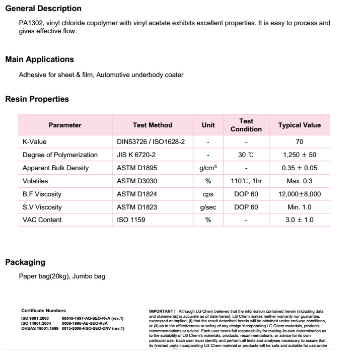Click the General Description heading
[x=43, y=9]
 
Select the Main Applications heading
[x=39, y=59]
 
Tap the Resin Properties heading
[x=37, y=99]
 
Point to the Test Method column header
[x=152, y=125]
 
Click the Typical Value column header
[x=299, y=125]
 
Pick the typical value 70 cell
[x=300, y=142]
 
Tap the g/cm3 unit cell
[x=208, y=168]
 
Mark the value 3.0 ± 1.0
[x=299, y=220]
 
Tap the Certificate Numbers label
[x=43, y=311]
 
